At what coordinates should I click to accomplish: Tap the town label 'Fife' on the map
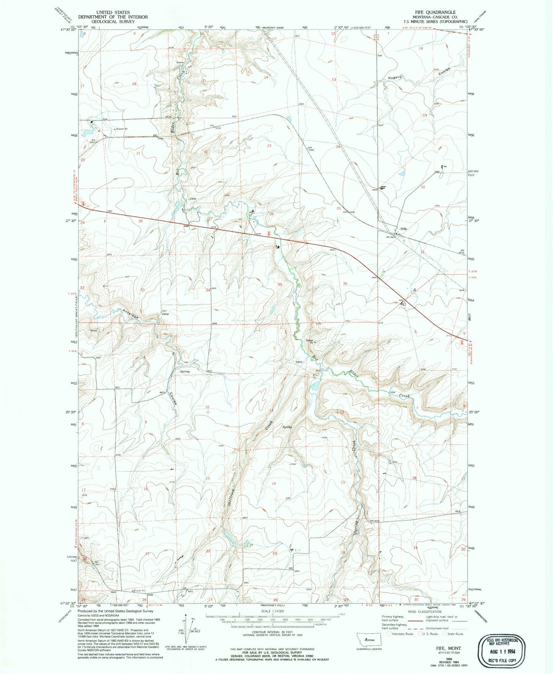pyautogui.click(x=403, y=229)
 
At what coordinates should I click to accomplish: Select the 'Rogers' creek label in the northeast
pyautogui.click(x=395, y=78)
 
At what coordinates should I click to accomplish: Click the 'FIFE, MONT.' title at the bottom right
pyautogui.click(x=448, y=648)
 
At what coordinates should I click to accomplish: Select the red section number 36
pyautogui.click(x=345, y=284)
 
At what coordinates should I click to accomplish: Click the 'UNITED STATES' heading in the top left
pyautogui.click(x=113, y=12)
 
